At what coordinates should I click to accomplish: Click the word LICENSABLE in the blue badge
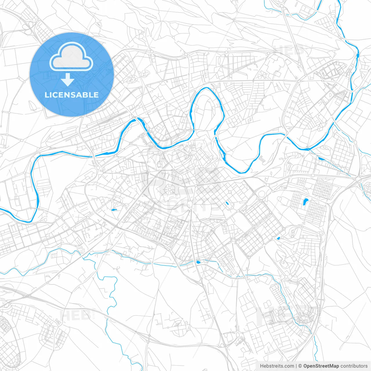click(x=72, y=95)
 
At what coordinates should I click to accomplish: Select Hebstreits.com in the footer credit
click(x=277, y=366)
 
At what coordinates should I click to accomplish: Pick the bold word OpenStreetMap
click(x=321, y=366)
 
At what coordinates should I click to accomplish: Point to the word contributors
click(x=354, y=366)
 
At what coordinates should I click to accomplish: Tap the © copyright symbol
click(x=300, y=366)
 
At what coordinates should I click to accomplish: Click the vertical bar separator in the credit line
click(x=296, y=366)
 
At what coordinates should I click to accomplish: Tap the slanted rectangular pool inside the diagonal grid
click(x=227, y=203)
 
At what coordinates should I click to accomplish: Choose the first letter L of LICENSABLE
click(x=47, y=95)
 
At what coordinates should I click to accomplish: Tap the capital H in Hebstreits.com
click(x=262, y=366)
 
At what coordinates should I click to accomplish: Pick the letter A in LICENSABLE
click(x=77, y=95)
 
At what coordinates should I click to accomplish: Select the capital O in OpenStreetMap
click(x=305, y=366)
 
